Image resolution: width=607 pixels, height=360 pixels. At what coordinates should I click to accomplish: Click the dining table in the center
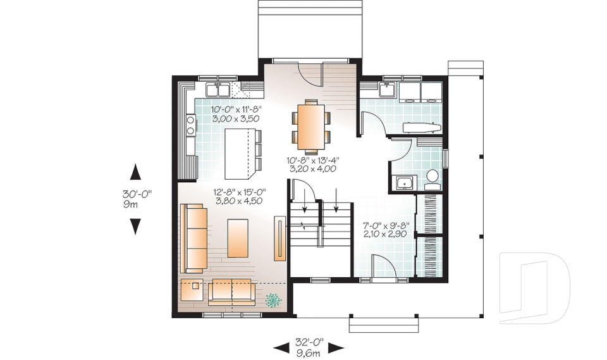pyautogui.click(x=310, y=127)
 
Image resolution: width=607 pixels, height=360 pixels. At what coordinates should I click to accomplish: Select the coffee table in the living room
pyautogui.click(x=238, y=237)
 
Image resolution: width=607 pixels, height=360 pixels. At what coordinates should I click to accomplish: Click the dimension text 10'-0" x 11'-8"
pyautogui.click(x=236, y=109)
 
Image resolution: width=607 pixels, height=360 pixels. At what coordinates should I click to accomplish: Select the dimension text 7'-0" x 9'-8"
pyautogui.click(x=386, y=225)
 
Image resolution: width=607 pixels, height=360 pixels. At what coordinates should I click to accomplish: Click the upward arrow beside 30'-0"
pyautogui.click(x=135, y=171)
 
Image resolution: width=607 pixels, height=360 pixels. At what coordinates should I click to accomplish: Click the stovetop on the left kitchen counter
pyautogui.click(x=189, y=125)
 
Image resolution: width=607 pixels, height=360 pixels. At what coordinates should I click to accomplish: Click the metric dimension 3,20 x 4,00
pyautogui.click(x=312, y=169)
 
